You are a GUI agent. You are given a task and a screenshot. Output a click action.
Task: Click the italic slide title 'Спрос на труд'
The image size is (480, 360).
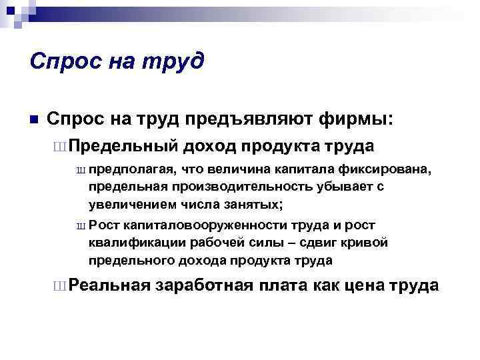click(x=117, y=62)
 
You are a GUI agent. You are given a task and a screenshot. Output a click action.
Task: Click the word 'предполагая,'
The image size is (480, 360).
click(x=127, y=171)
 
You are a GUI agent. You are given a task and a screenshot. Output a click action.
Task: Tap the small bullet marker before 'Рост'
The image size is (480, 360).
click(x=81, y=227)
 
